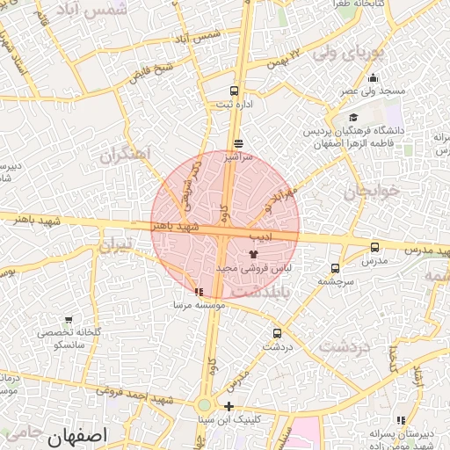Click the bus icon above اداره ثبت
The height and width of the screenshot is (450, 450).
[x=233, y=91]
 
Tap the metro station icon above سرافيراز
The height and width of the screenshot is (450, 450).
[x=238, y=143]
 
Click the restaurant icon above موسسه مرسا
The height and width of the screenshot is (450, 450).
[x=199, y=292]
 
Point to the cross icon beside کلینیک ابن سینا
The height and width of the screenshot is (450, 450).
[x=229, y=406]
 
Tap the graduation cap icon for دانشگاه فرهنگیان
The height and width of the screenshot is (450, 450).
[x=353, y=118]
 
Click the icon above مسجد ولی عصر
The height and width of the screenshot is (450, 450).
[x=374, y=78]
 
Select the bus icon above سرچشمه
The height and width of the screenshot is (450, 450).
[x=335, y=268]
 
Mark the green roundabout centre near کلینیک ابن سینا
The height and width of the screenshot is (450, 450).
[x=204, y=405]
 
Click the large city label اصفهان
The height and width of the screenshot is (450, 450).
[x=78, y=435]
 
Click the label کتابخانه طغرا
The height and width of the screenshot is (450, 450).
[x=355, y=4]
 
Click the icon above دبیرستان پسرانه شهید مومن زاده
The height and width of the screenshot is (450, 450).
[x=402, y=420]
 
